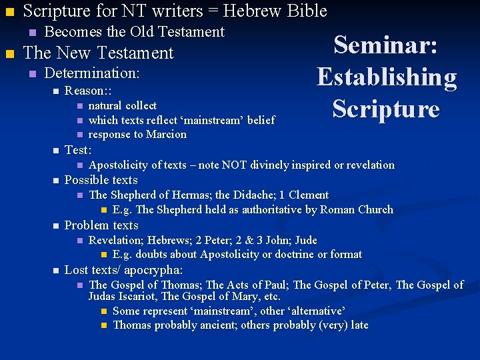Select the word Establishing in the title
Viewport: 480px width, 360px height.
[x=387, y=77]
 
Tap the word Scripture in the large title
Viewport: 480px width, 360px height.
[x=386, y=109]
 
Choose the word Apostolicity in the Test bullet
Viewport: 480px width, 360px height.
[x=119, y=165]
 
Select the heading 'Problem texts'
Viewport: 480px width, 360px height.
[x=101, y=225]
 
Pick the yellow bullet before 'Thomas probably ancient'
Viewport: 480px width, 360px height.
[x=103, y=325]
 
